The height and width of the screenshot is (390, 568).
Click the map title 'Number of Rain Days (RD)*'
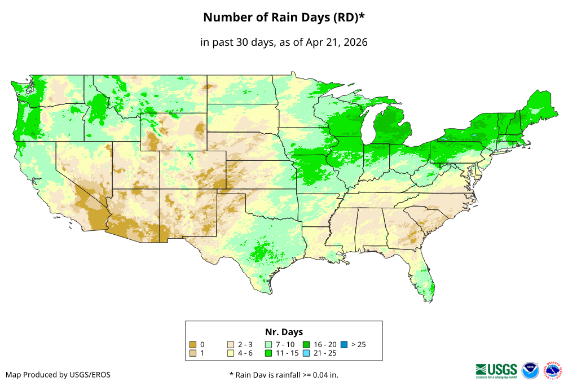click(284, 17)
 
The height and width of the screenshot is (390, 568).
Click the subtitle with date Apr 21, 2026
click(284, 42)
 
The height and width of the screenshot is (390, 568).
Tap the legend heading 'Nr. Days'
click(284, 332)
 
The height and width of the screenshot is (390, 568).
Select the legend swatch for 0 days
click(193, 344)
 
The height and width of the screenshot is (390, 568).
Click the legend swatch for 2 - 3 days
click(230, 344)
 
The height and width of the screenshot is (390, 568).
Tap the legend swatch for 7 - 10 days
click(268, 344)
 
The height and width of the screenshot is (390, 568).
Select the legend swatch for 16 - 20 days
click(306, 344)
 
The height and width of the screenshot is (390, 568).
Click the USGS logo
click(496, 370)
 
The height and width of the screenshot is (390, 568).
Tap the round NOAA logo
click(530, 370)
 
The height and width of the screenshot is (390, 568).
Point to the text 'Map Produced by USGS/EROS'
click(58, 375)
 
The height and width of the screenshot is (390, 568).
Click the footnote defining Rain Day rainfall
click(284, 375)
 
